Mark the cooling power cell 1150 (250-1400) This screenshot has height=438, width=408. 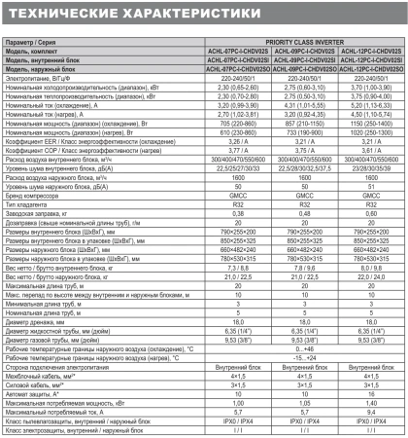(372, 125)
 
